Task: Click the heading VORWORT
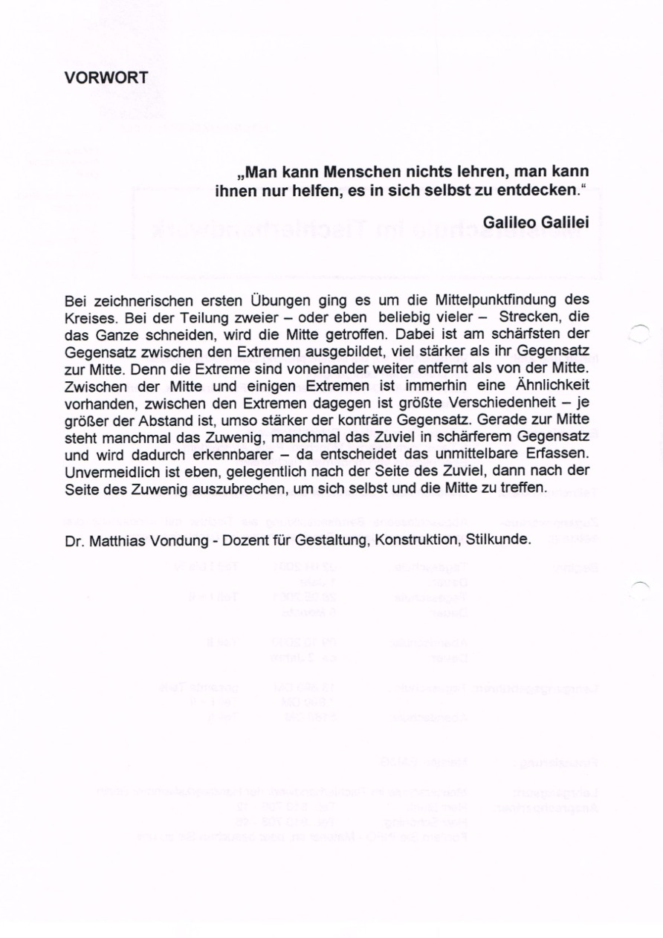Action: pyautogui.click(x=107, y=77)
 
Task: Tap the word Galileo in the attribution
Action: pyautogui.click(x=509, y=223)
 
